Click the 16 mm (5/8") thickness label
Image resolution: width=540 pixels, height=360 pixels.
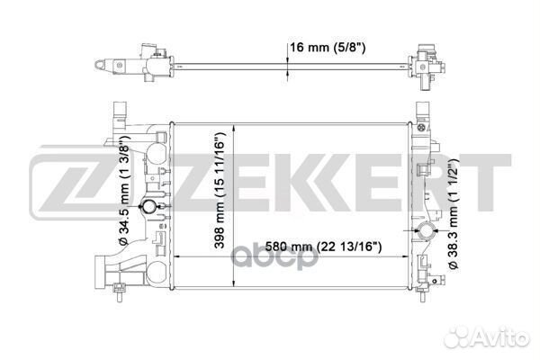(328, 48)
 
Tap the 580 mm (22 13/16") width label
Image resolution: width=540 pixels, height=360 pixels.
(323, 247)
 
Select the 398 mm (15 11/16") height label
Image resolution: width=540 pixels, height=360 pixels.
(220, 190)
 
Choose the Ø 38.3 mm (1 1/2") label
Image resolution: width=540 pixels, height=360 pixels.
(454, 213)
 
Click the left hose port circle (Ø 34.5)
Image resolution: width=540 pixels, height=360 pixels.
(149, 206)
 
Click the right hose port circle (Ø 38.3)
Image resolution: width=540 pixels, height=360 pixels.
(427, 230)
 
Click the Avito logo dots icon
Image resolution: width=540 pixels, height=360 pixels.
(457, 336)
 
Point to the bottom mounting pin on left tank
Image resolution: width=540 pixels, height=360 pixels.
(120, 292)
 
